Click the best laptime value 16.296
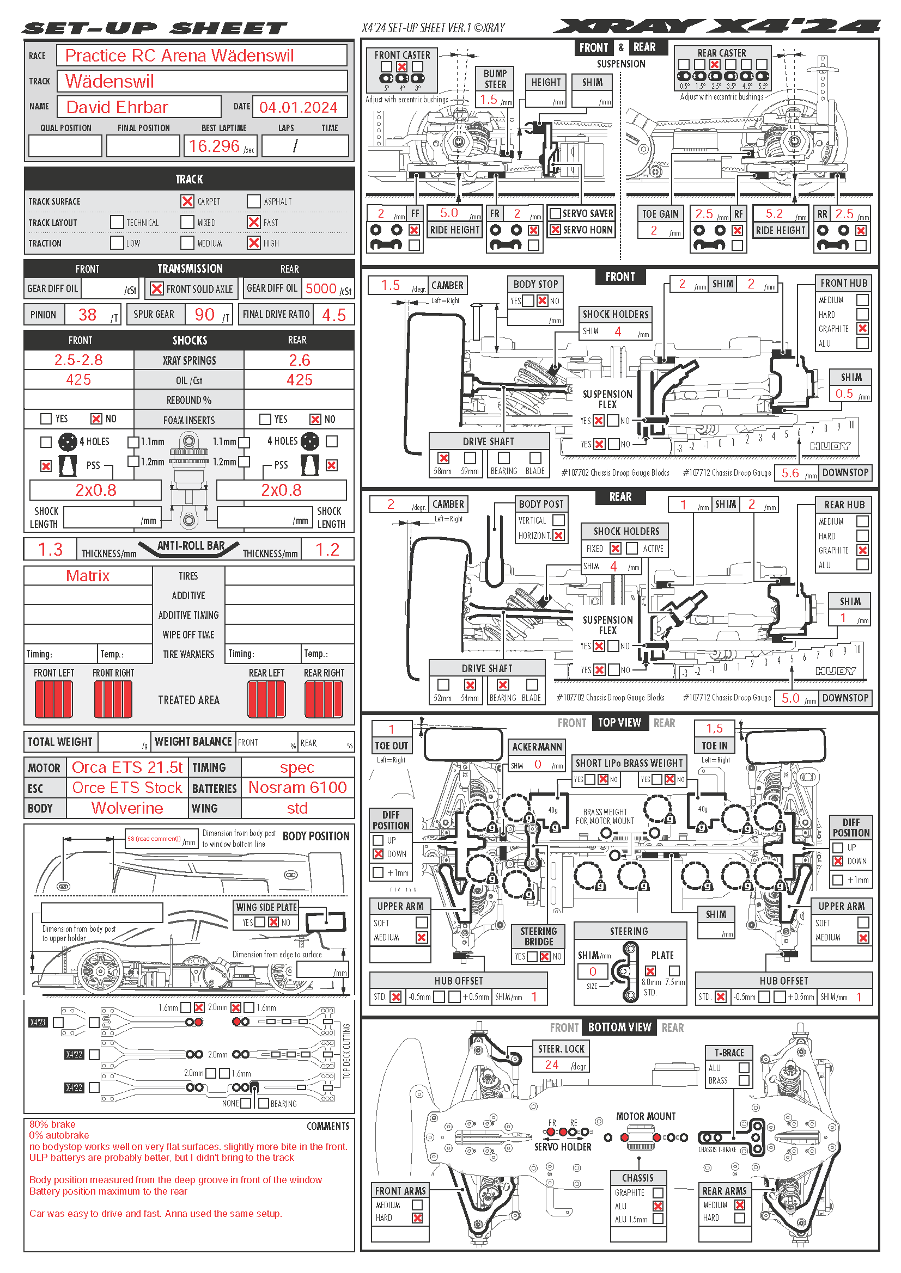pos(214,146)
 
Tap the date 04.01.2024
pos(298,107)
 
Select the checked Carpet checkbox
pos(187,201)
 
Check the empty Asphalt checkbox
pos(253,201)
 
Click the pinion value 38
pos(87,315)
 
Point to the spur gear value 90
pos(204,315)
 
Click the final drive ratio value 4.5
pos(333,316)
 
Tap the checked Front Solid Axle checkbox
pos(157,289)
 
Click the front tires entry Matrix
pos(88,576)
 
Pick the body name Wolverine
pos(127,808)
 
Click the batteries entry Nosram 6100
pos(297,788)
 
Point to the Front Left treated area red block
pos(54,699)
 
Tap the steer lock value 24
pos(551,1065)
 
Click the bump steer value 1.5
pos(488,99)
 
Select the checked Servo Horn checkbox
pos(555,230)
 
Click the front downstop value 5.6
pos(790,473)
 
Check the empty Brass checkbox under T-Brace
pos(744,1080)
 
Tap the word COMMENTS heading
pos(328,1126)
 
